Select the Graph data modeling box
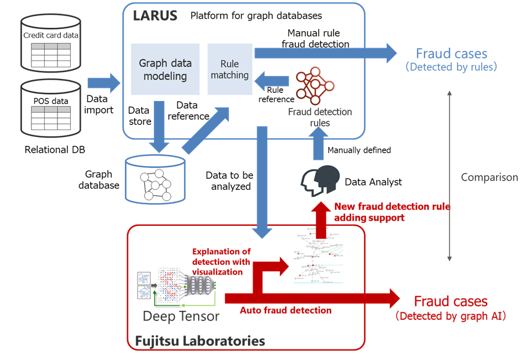tap(165, 69)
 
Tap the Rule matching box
tap(230, 69)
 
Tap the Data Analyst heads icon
tap(319, 179)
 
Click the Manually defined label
tap(359, 150)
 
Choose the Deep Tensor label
tap(181, 316)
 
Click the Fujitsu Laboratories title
tap(200, 341)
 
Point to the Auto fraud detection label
tap(286, 311)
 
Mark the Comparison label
tap(489, 177)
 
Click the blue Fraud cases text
tap(451, 54)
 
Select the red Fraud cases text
tap(450, 301)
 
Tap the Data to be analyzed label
tap(229, 181)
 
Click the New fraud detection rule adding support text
tap(392, 212)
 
